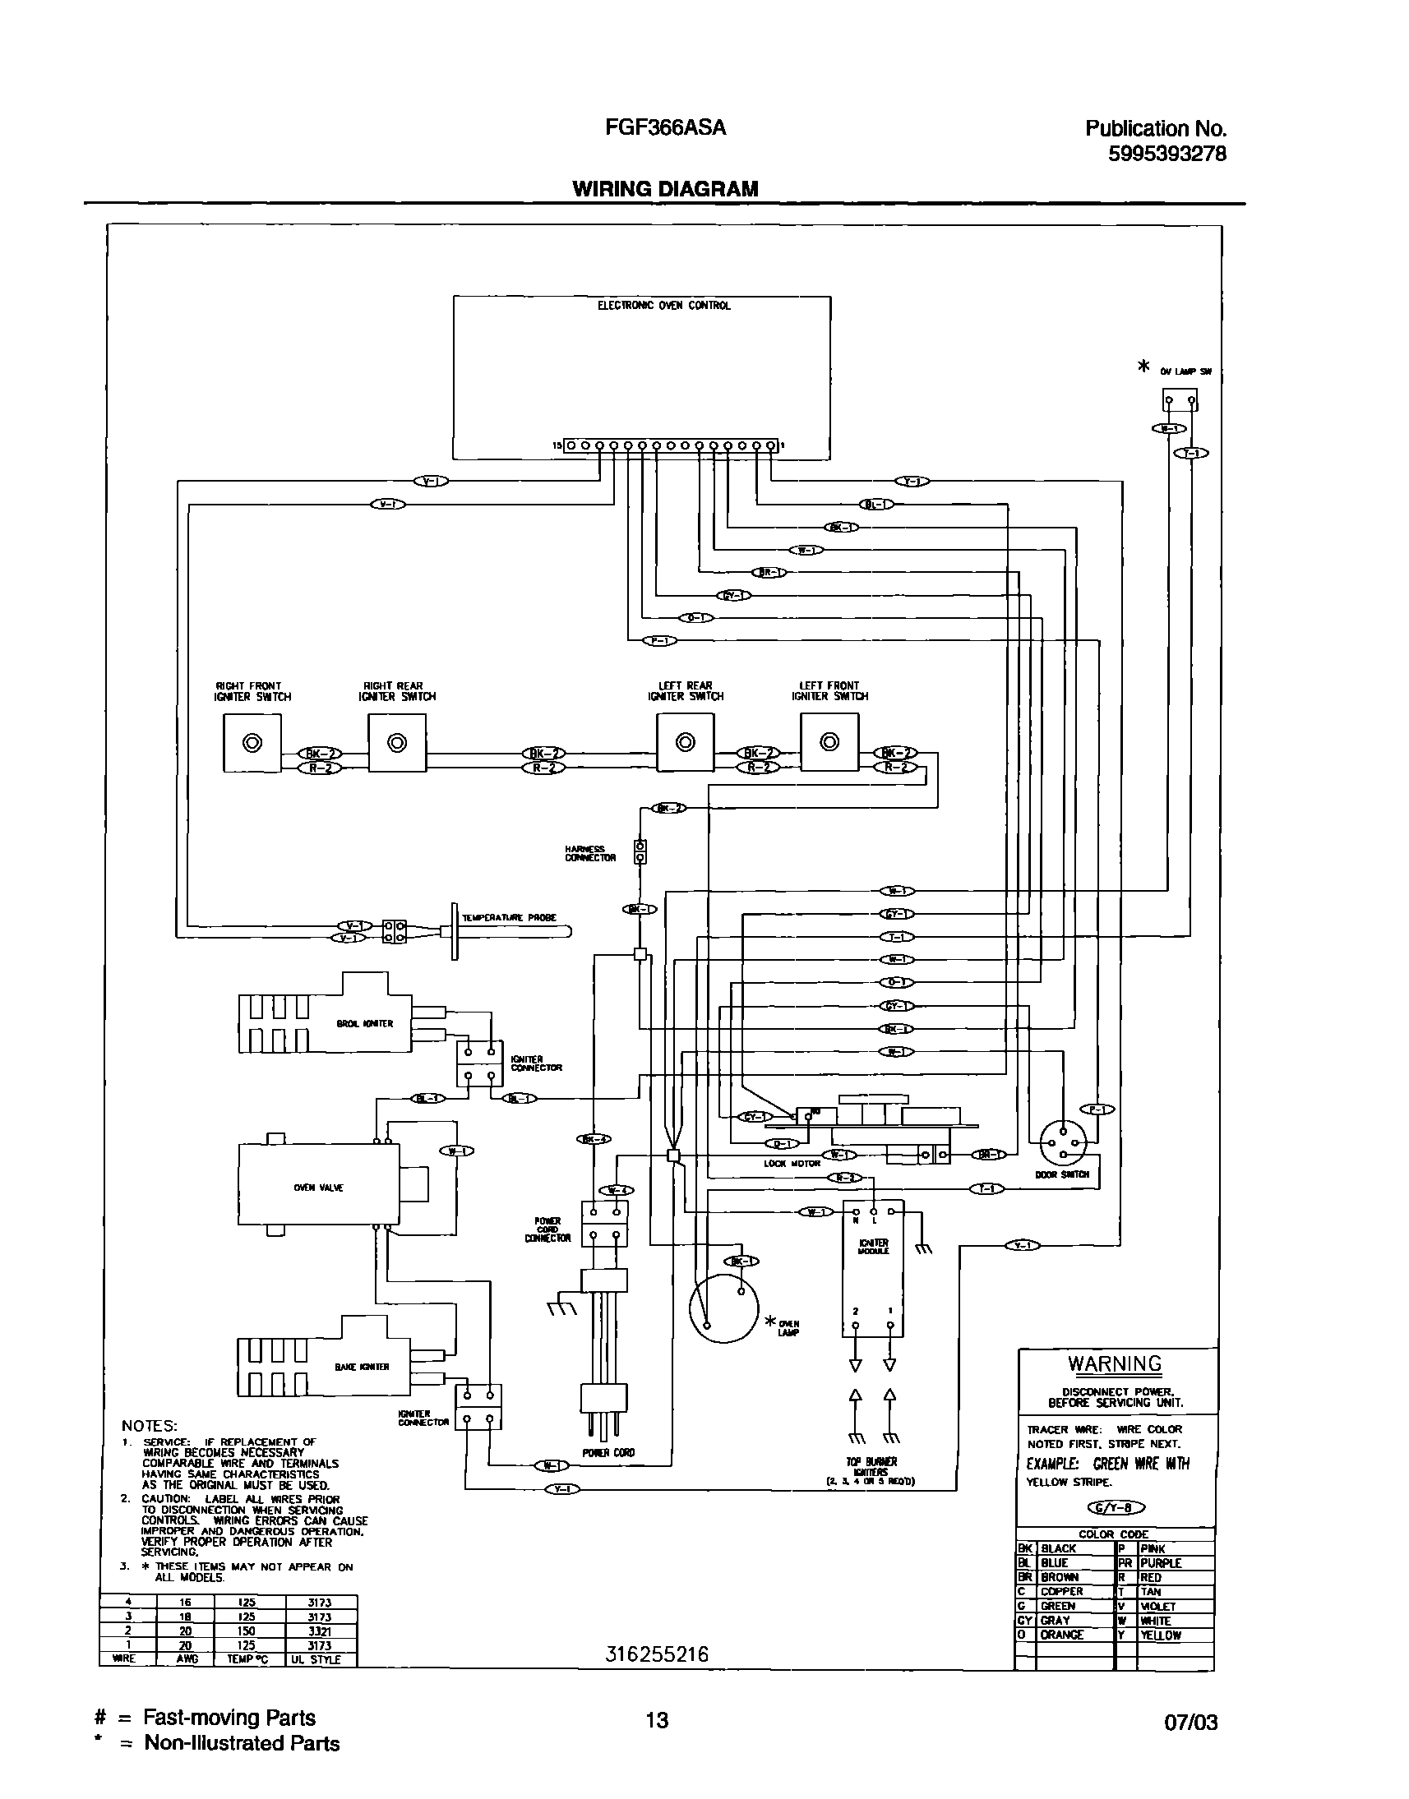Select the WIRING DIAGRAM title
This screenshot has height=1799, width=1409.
pos(665,189)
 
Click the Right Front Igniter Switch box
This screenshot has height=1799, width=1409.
pos(252,742)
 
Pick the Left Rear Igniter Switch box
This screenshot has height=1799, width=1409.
pos(685,742)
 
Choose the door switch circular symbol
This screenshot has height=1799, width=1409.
pos(1063,1142)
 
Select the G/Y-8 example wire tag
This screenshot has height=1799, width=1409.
pos(1117,1508)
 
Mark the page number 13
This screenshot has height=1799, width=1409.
pos(657,1719)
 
